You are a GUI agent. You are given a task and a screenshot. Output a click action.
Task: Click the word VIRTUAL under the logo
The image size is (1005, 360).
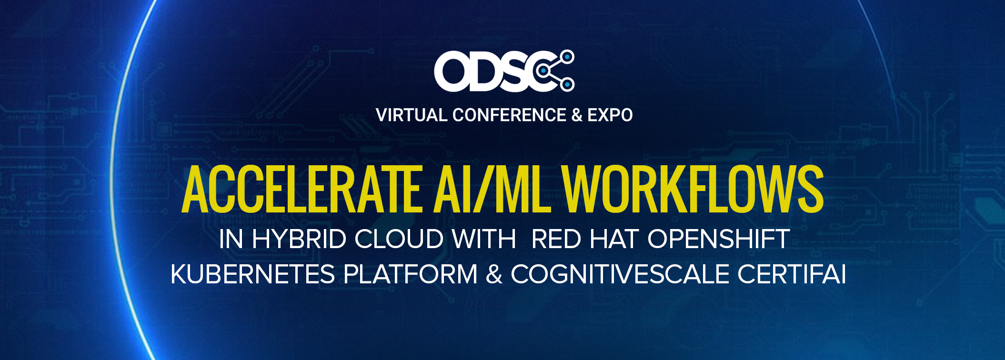point(411,115)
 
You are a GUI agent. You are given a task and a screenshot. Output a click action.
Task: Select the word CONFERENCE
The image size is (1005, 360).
point(509,115)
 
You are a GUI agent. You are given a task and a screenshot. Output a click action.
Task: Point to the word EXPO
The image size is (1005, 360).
point(610,115)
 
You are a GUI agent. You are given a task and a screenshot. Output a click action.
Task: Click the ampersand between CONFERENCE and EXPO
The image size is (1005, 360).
point(577,115)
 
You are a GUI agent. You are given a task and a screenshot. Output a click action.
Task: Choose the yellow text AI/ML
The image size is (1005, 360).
point(492,189)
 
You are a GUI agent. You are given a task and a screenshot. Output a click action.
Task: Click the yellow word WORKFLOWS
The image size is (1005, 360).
point(693,189)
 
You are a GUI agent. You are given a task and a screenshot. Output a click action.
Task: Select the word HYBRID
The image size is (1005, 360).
point(299,239)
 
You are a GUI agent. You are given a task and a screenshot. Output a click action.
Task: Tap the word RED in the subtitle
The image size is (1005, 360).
point(556,239)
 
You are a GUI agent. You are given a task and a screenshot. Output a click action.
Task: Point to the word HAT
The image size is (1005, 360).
point(614,239)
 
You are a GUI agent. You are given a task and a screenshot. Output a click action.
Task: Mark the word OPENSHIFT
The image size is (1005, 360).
point(719,239)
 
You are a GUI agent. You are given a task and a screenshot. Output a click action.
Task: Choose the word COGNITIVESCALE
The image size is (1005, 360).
point(620,274)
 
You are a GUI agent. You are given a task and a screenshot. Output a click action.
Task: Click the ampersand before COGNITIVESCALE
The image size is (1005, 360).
point(494,274)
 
